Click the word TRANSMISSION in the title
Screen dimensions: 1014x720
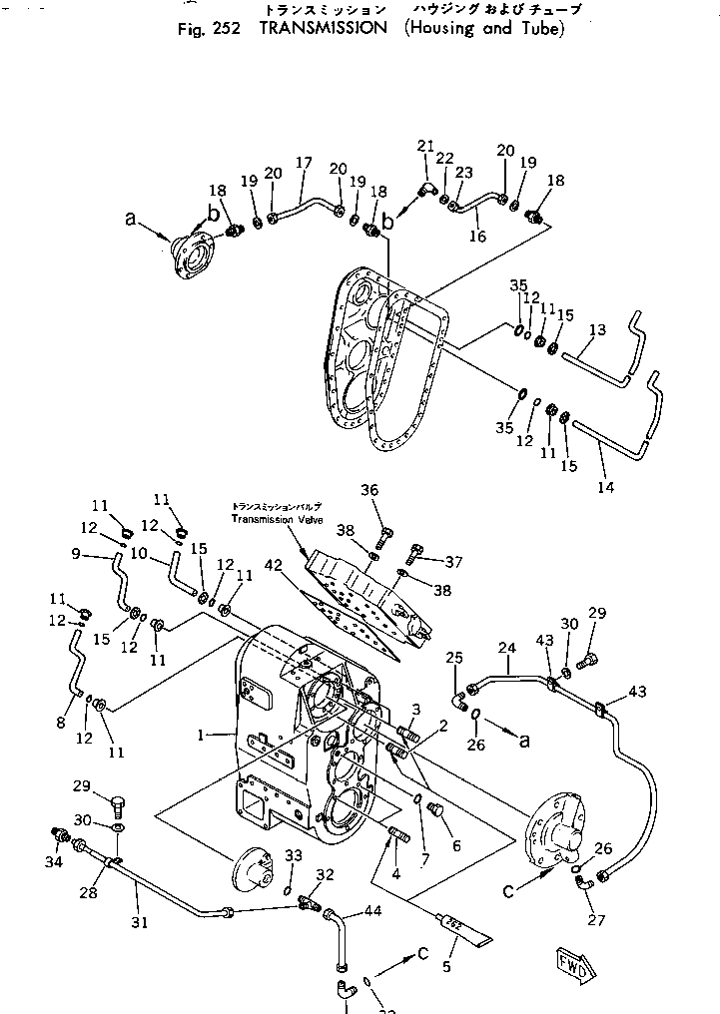click(x=323, y=28)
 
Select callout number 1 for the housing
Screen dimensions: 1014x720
click(x=202, y=735)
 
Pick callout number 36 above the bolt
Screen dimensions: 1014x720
click(x=370, y=489)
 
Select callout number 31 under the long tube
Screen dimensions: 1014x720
click(x=140, y=922)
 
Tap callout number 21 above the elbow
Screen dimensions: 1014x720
click(x=425, y=147)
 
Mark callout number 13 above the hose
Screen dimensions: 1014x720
click(x=597, y=329)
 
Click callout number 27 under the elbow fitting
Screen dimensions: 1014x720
click(x=596, y=920)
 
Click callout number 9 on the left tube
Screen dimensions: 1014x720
click(x=76, y=554)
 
